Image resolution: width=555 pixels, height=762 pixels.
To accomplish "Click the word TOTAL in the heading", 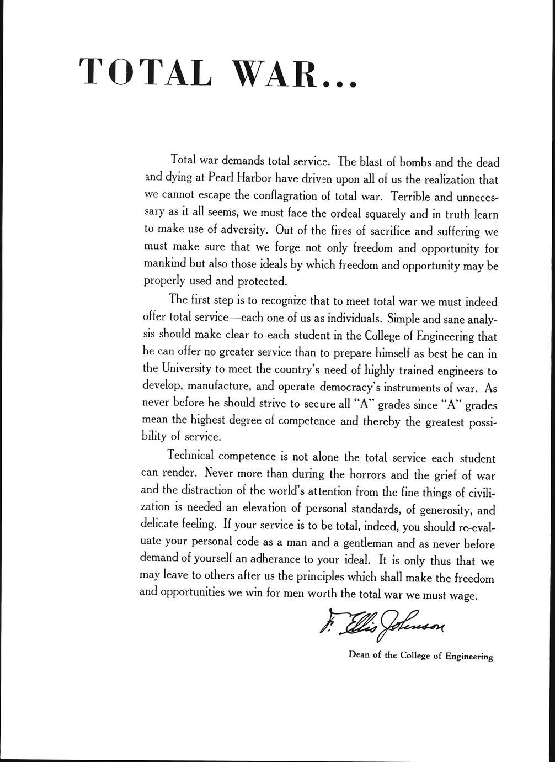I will tap(145, 71).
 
